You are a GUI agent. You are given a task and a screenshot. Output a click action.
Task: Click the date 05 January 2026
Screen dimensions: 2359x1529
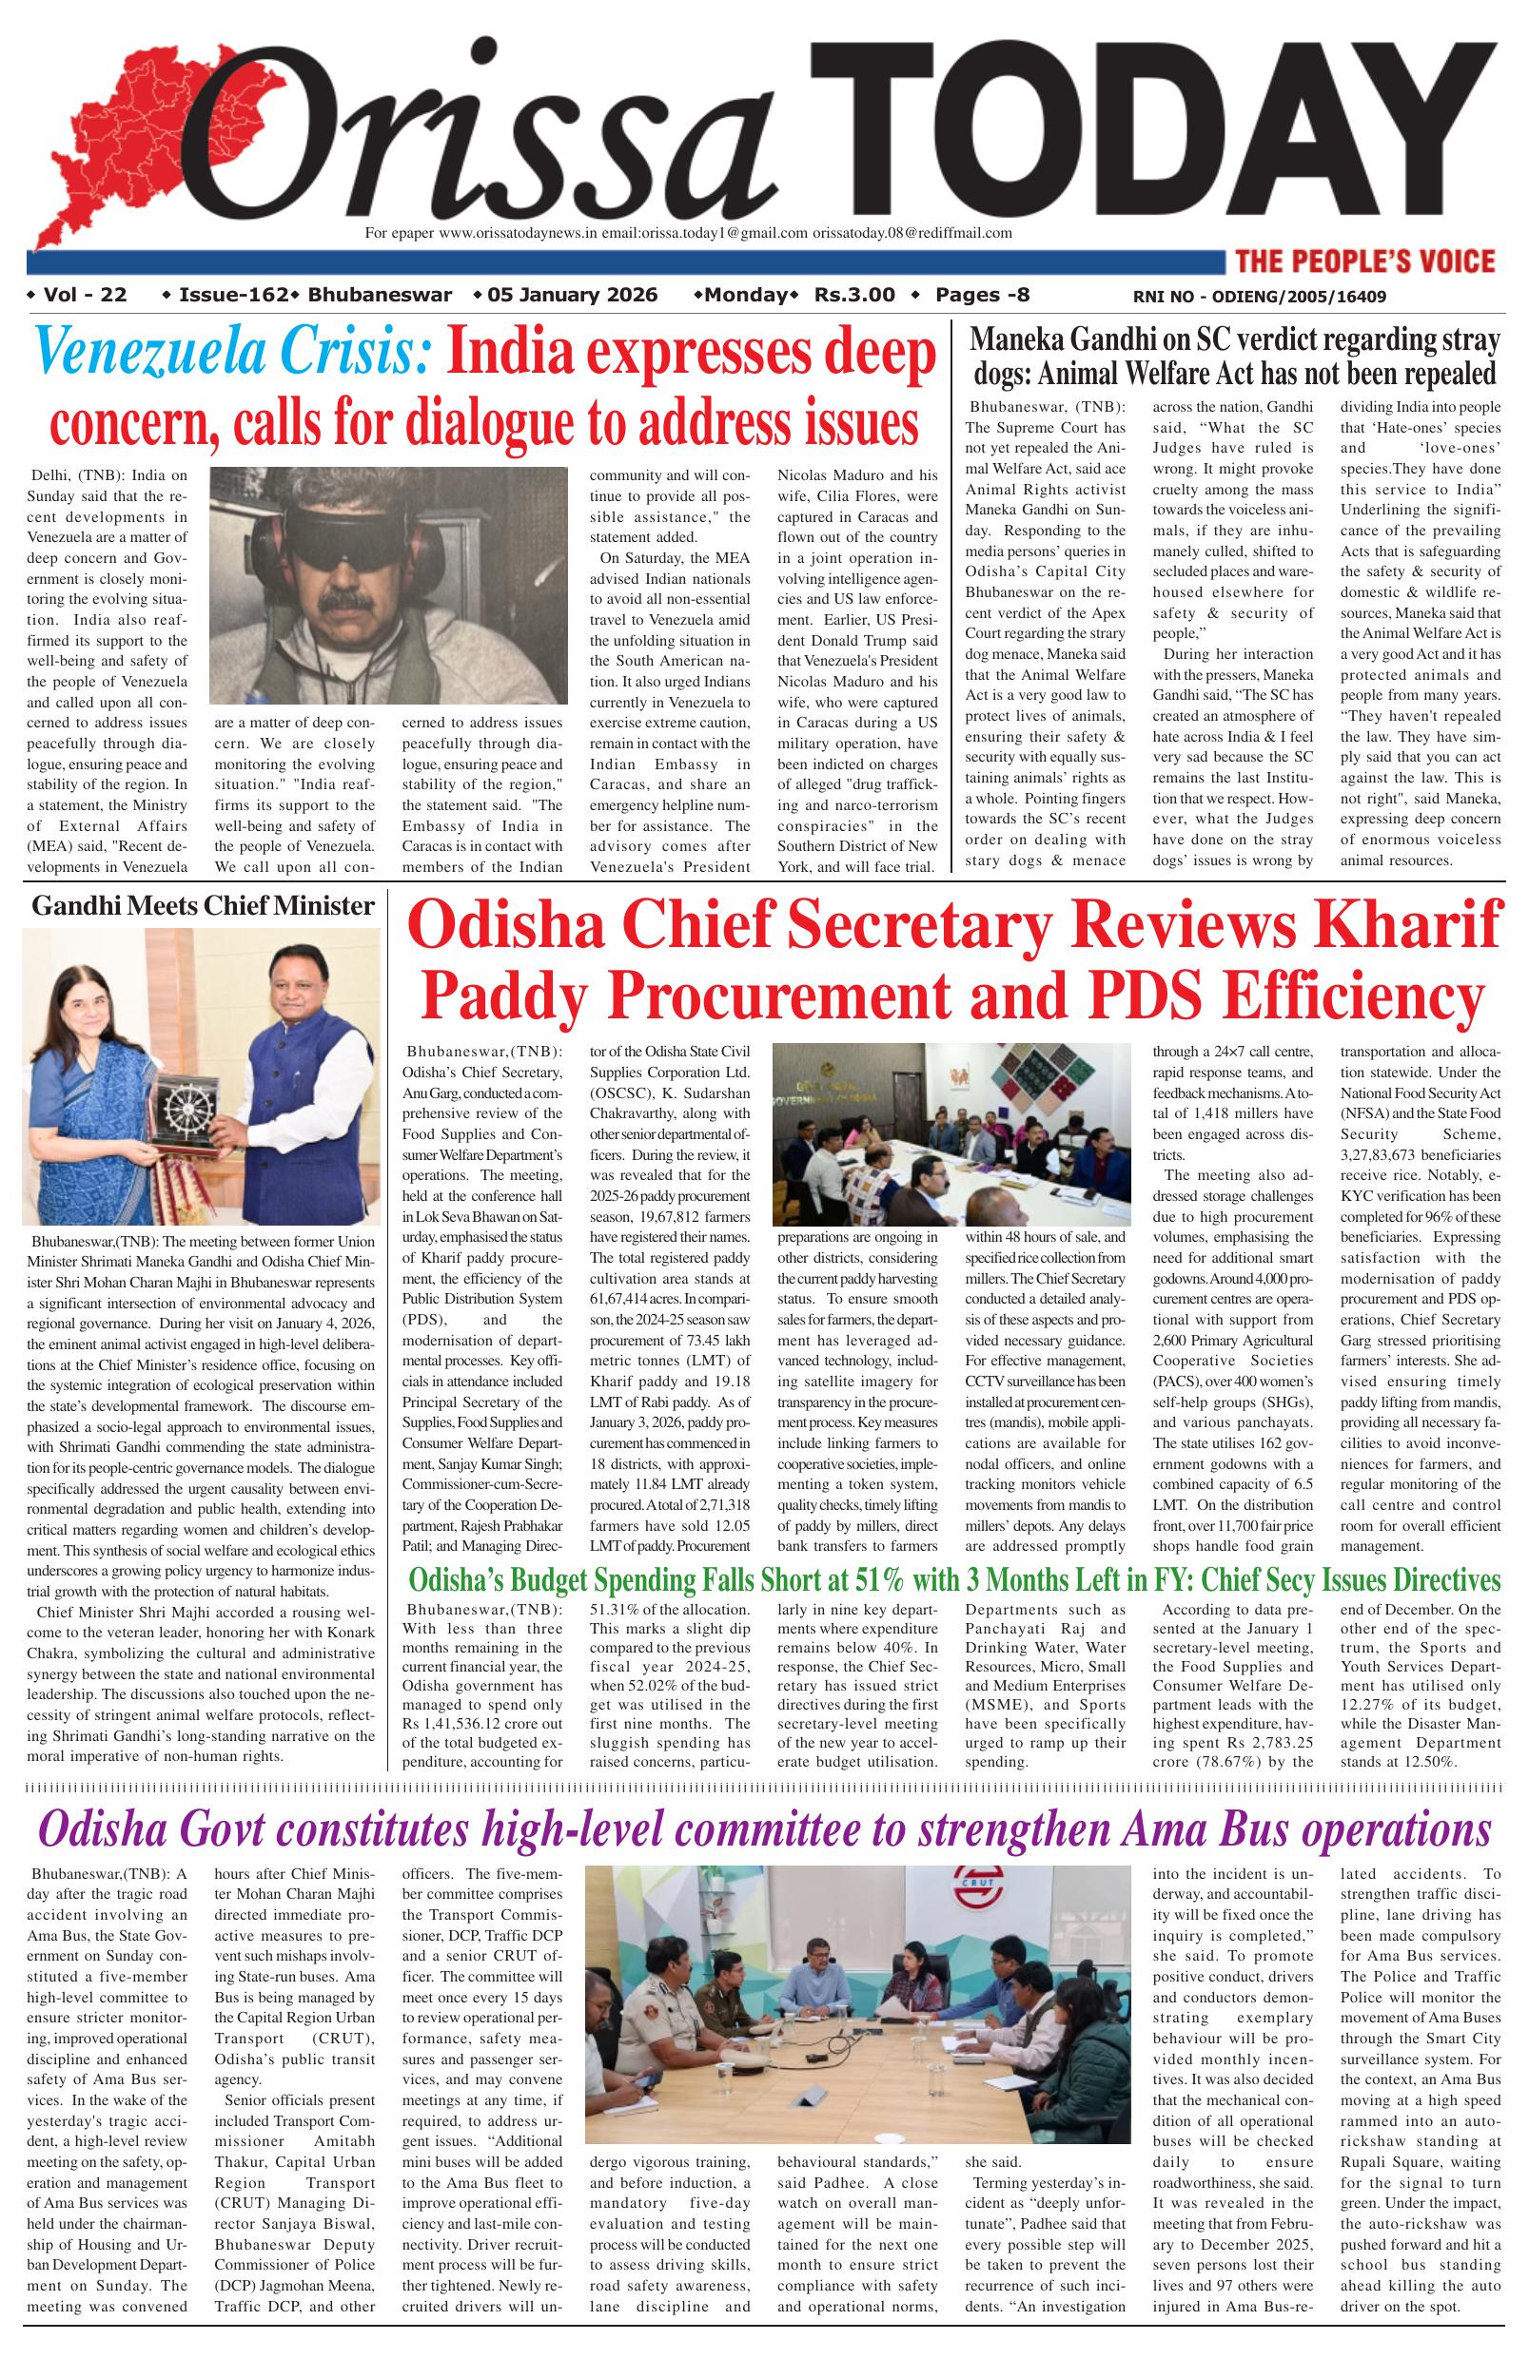(572, 295)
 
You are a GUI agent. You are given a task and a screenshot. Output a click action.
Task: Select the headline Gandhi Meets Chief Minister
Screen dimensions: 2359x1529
(204, 906)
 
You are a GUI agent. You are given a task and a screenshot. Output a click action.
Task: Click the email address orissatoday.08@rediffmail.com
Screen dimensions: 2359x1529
(912, 234)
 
